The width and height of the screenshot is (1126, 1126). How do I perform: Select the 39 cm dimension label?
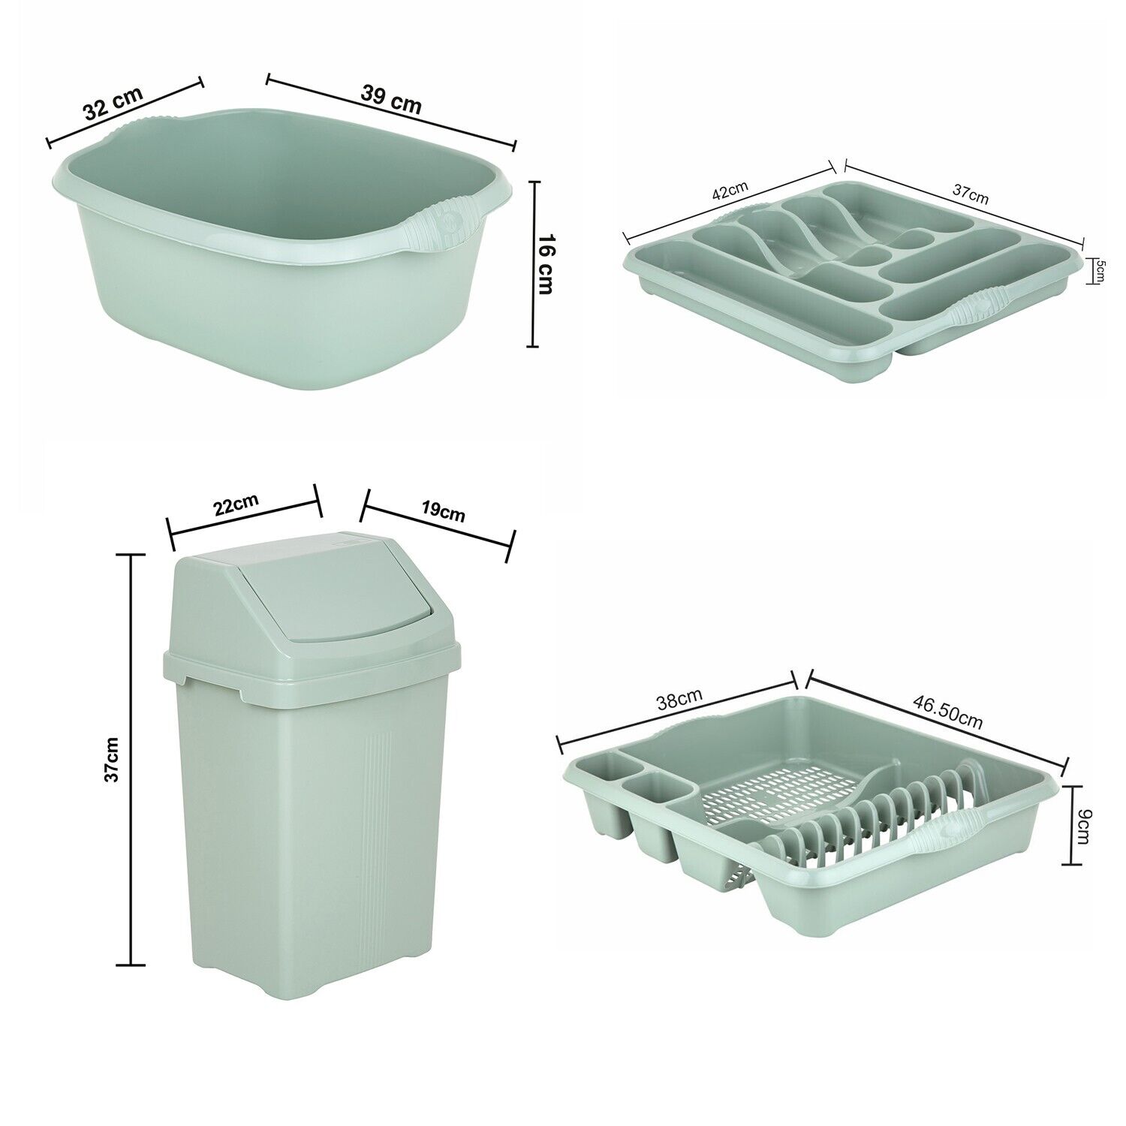391,99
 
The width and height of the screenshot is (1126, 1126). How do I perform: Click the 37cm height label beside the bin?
112,758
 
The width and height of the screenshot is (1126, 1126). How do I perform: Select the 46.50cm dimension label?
947,710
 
